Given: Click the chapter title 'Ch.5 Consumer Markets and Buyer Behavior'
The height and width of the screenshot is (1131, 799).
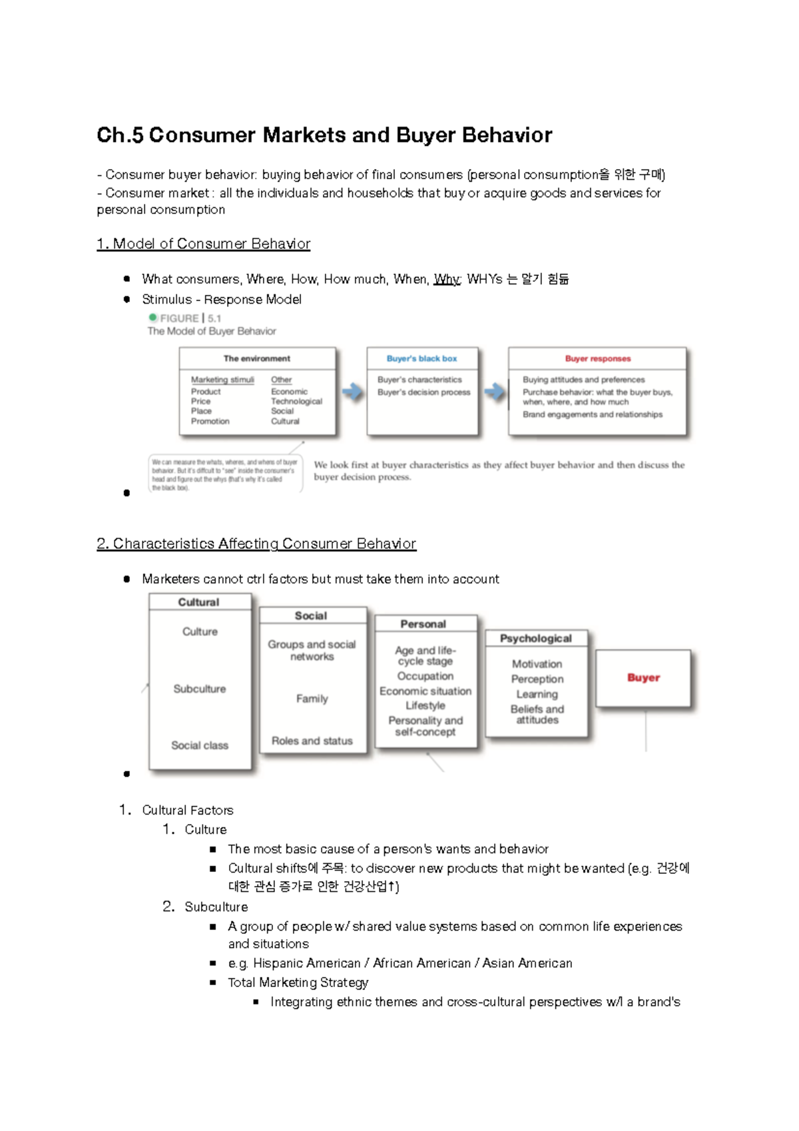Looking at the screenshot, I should (324, 135).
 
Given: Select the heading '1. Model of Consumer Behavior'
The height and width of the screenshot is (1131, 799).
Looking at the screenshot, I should (203, 244).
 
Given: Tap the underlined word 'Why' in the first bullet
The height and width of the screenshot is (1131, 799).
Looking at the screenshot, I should (446, 279).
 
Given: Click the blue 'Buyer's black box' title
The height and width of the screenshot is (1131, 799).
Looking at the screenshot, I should (421, 358).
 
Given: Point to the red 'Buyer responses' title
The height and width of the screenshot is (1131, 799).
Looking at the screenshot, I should (597, 358).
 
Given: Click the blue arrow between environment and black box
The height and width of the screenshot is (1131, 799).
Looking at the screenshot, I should (352, 392).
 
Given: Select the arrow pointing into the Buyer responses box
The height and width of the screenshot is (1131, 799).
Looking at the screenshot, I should (494, 392).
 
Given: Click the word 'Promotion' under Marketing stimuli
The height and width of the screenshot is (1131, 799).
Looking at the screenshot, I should (210, 421).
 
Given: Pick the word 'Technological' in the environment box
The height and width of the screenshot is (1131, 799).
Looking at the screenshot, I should (296, 401).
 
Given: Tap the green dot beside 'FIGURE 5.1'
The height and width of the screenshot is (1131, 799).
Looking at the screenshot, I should (153, 318).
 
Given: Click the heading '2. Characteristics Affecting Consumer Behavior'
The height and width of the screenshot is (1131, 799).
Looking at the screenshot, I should (256, 544).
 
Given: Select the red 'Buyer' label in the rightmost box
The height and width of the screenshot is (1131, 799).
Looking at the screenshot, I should (643, 677).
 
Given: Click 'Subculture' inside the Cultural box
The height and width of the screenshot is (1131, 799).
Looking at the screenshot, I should (200, 689).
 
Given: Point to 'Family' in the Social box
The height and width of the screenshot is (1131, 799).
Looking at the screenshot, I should (312, 699).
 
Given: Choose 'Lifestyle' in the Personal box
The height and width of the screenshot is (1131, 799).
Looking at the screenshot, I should (425, 705).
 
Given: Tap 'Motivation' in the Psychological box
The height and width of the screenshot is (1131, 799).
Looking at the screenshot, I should (537, 664).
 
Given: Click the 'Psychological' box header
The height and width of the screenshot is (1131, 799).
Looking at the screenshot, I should (536, 638).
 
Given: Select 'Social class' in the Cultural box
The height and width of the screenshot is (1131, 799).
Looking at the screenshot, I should (200, 745).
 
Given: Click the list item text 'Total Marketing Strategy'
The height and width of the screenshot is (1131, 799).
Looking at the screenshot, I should (298, 982).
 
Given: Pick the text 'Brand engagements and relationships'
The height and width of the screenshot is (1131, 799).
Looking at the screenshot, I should (593, 414).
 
